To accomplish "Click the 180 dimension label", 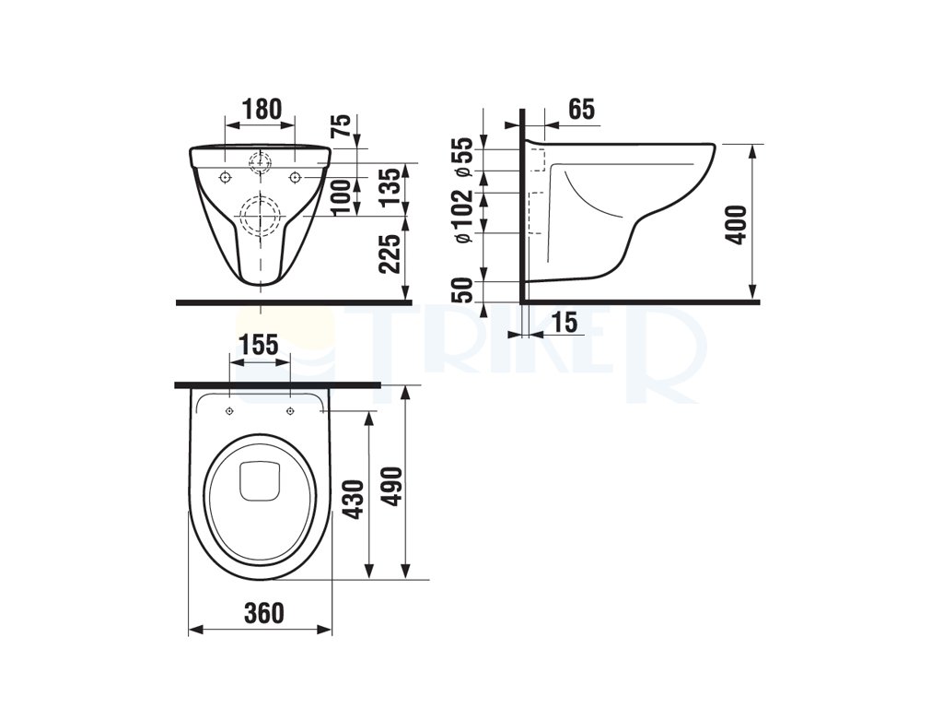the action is pos(262,109).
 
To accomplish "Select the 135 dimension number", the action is pos(390,187).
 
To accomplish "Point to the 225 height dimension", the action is pos(391,254).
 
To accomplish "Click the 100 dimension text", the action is pos(343,197).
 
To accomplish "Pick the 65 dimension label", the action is pos(582,109).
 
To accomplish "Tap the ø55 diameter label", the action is pos(467,158).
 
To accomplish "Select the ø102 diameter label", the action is pos(467,217).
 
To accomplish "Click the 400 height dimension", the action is pos(737,225).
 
